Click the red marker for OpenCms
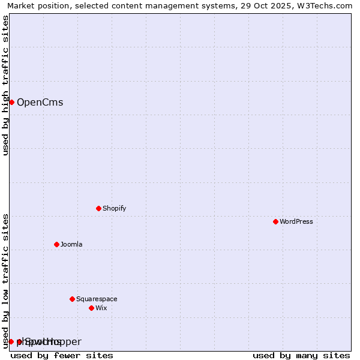pos(11,102)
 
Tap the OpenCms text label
pos(40,102)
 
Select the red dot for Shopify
pos(98,208)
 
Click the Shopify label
pos(114,208)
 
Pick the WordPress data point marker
pos(275,221)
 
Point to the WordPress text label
pos(296,221)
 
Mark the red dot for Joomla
pos(56,244)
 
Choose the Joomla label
pos(71,244)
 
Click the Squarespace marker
pos(72,299)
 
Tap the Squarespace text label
pos(97,299)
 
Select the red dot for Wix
pos(91,308)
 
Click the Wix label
pos(101,308)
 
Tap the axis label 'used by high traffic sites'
pos(5,85)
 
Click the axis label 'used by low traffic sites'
pos(5,281)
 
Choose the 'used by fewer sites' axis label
pos(62,355)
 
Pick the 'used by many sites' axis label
pos(301,355)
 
